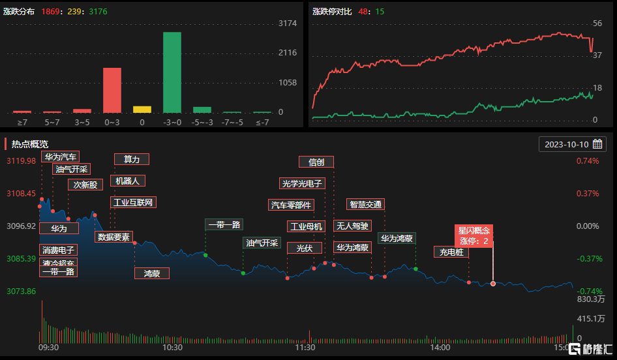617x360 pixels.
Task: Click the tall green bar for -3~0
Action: (172, 72)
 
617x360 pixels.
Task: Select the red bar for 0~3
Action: (112, 90)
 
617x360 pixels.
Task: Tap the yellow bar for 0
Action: (142, 109)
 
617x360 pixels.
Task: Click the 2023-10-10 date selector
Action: (572, 143)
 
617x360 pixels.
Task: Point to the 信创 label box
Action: (316, 162)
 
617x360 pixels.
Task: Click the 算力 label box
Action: (131, 159)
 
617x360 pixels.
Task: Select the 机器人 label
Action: (127, 181)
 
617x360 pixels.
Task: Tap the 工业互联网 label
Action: (133, 202)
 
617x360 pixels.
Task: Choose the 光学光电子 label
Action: (302, 183)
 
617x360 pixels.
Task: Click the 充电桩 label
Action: (451, 252)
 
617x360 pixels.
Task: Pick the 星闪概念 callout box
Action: (474, 235)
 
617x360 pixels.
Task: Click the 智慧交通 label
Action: (365, 204)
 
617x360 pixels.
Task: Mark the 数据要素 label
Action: (114, 237)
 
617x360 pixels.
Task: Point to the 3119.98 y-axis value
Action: (21, 161)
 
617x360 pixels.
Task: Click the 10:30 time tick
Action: (172, 348)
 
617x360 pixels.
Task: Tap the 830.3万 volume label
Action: (592, 299)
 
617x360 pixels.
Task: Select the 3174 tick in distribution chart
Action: (288, 23)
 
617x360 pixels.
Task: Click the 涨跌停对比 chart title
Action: (332, 12)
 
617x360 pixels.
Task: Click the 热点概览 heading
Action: (30, 143)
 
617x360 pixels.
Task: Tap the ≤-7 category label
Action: (262, 121)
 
